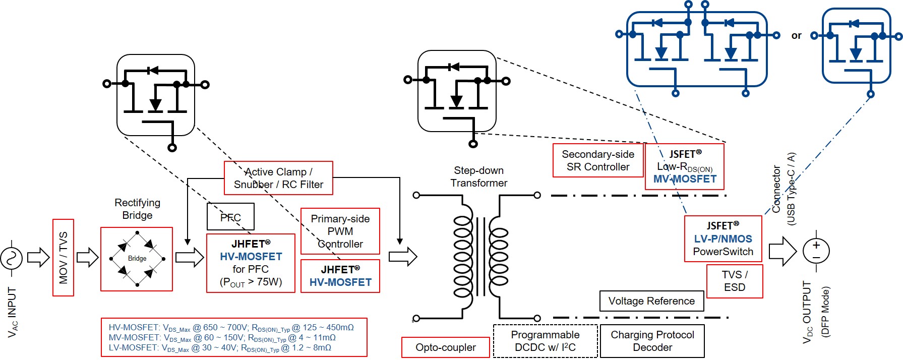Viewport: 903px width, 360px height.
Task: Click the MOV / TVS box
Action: pos(63,257)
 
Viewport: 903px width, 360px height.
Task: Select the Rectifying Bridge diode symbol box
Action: pos(137,259)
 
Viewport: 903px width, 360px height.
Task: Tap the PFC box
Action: pos(230,217)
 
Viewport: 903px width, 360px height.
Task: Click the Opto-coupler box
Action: pos(445,347)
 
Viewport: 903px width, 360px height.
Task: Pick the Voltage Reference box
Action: pos(651,301)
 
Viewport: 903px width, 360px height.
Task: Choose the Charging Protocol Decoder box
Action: pos(652,341)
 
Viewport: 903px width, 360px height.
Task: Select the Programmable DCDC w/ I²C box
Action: pos(545,341)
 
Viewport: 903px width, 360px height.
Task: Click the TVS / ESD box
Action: pos(735,281)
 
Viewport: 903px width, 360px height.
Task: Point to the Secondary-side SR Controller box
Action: pos(598,160)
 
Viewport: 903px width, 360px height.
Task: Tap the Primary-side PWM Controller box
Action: pos(340,231)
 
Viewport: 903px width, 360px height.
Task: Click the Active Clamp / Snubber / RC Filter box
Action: pos(278,178)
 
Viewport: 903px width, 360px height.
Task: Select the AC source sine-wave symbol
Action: pos(11,259)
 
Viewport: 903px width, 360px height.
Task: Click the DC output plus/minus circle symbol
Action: pos(816,251)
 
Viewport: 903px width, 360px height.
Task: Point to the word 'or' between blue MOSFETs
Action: pos(796,35)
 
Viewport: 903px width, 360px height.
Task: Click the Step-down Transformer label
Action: pos(478,176)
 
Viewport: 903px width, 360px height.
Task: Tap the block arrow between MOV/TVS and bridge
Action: pos(87,257)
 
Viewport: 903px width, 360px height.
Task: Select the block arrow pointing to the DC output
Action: pos(782,251)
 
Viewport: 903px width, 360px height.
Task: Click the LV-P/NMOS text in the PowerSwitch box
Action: pos(723,239)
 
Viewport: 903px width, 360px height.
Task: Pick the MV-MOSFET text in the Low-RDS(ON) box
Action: pos(685,179)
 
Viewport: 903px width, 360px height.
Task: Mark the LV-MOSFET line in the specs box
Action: pos(220,348)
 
